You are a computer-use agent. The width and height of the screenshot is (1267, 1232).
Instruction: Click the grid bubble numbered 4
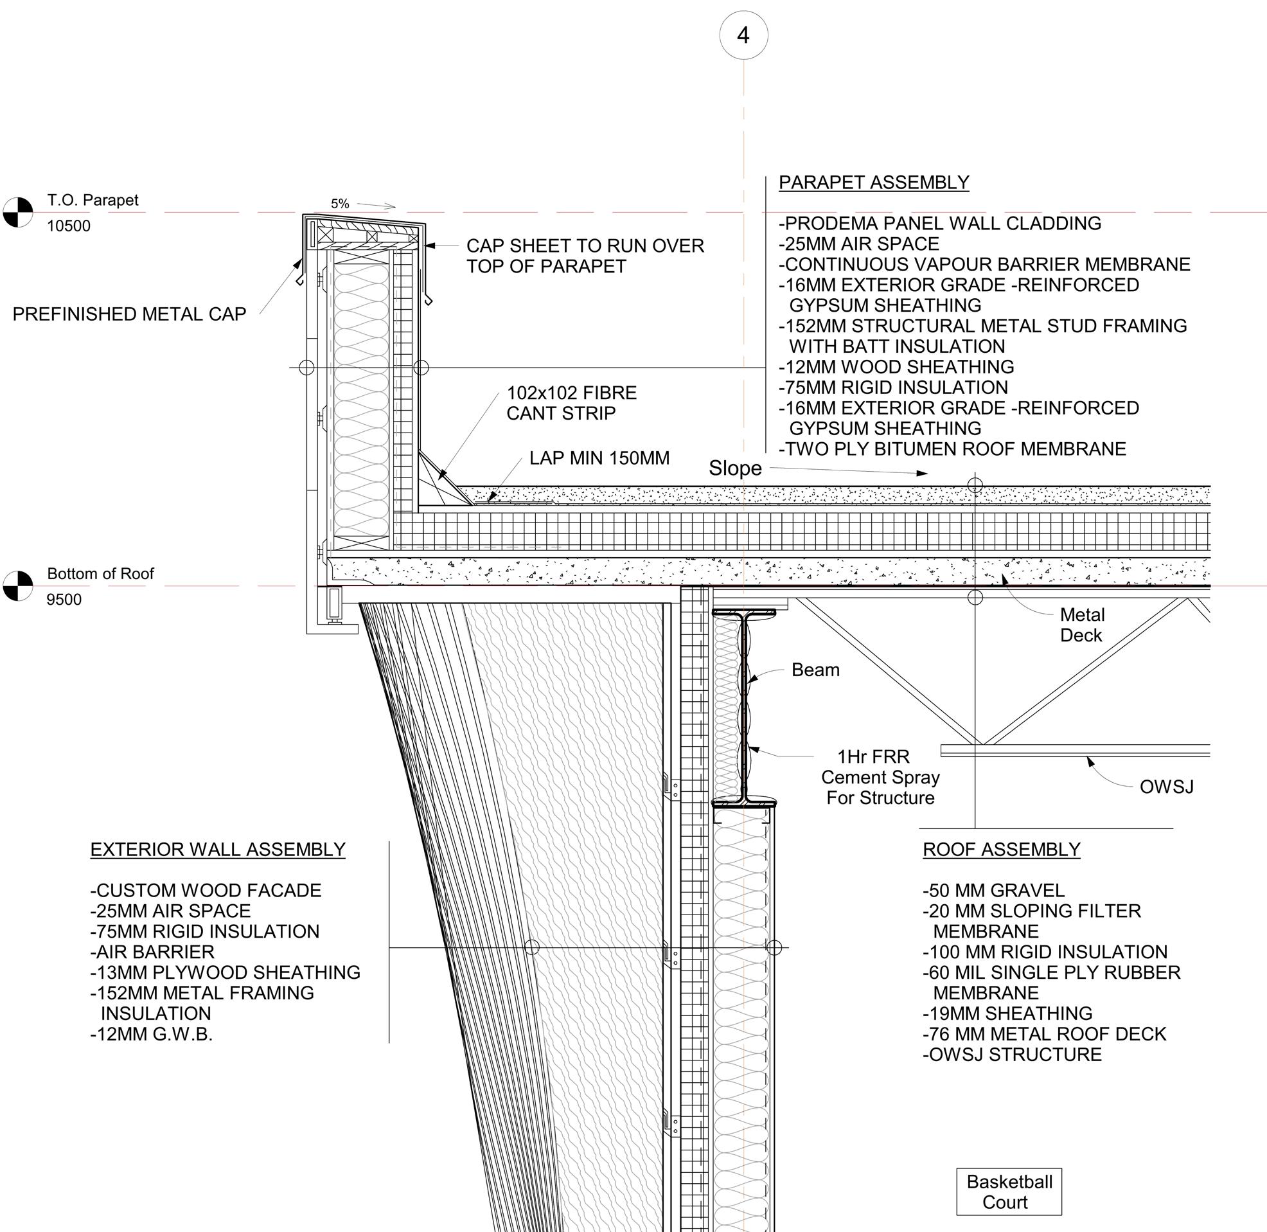(x=743, y=35)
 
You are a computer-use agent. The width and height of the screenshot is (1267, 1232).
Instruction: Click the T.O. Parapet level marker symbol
(x=17, y=212)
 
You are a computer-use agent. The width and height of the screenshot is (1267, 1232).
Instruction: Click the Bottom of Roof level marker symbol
(x=17, y=585)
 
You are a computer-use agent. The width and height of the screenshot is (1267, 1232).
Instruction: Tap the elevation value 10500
(x=69, y=226)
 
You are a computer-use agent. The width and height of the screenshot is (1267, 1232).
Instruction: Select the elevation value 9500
(x=64, y=600)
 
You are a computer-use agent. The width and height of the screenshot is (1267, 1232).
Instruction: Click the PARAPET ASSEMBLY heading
(x=873, y=183)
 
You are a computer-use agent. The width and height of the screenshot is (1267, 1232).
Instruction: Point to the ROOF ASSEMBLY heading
(x=1001, y=850)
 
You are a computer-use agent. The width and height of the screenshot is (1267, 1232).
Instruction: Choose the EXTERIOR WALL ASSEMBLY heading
(x=217, y=850)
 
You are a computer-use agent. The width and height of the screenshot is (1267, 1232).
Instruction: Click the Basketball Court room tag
(x=1008, y=1192)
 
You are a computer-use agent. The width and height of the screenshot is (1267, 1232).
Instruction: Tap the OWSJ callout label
(x=1166, y=787)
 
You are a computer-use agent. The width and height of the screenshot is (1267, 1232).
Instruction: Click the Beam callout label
(x=815, y=670)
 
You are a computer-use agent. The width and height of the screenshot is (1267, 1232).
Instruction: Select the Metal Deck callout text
(x=1081, y=625)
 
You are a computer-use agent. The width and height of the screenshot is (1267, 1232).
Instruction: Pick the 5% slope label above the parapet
(x=340, y=204)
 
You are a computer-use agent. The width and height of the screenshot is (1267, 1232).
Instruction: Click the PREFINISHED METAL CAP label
(x=129, y=314)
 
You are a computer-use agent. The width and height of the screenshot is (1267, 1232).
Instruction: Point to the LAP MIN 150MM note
(x=599, y=458)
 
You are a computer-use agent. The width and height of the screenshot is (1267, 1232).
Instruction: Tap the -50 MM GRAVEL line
(x=993, y=890)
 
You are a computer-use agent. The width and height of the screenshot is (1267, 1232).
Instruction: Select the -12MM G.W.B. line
(x=152, y=1034)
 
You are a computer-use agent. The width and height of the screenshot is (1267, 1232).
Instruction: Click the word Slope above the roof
(x=735, y=469)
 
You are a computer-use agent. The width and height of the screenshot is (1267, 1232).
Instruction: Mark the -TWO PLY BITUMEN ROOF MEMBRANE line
(x=952, y=449)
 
